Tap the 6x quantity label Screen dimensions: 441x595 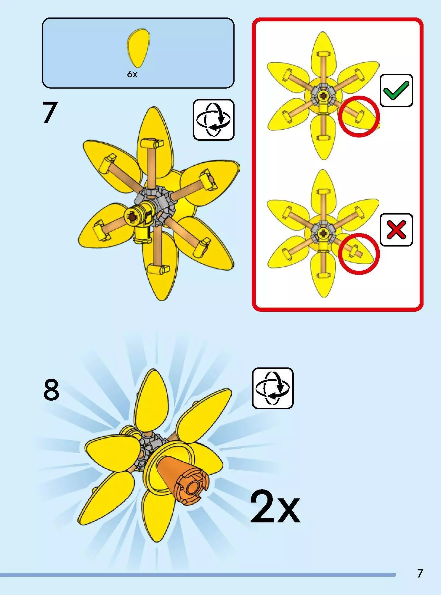click(x=132, y=74)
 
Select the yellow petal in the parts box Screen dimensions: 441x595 click(x=138, y=48)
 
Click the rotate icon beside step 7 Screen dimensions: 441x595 click(x=214, y=120)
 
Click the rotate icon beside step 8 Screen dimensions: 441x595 click(x=273, y=388)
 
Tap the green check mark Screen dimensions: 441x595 click(x=397, y=90)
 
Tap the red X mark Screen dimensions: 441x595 click(x=397, y=230)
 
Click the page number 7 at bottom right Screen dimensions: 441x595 click(x=420, y=573)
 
